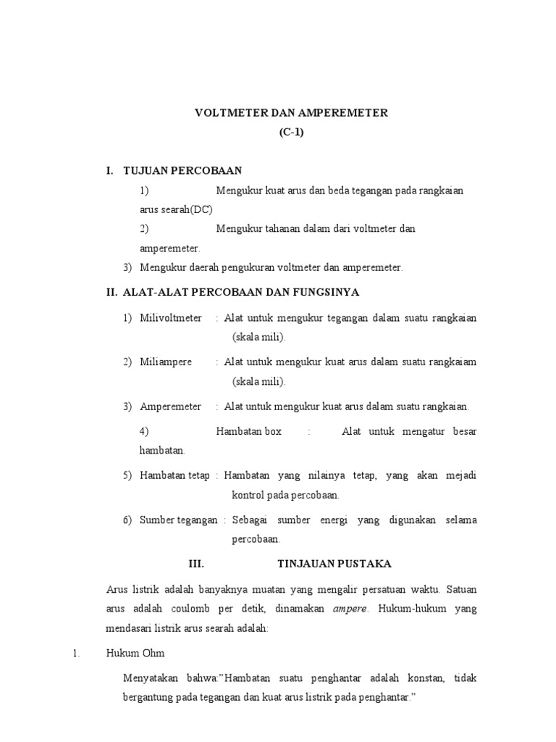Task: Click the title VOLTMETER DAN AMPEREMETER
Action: coord(291,113)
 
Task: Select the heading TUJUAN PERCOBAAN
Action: coord(183,170)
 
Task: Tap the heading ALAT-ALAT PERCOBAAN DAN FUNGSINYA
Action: coord(241,292)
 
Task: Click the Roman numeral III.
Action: coord(196,563)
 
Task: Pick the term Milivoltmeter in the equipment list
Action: coord(171,318)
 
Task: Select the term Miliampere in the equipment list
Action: coord(166,362)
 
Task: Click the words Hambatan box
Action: coord(248,431)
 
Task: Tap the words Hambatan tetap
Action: coord(174,475)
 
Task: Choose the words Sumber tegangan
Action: coord(178,520)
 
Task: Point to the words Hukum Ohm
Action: coord(136,653)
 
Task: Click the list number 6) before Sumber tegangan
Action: coord(127,520)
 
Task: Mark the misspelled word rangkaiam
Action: coord(452,362)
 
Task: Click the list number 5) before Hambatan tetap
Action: coord(127,475)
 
